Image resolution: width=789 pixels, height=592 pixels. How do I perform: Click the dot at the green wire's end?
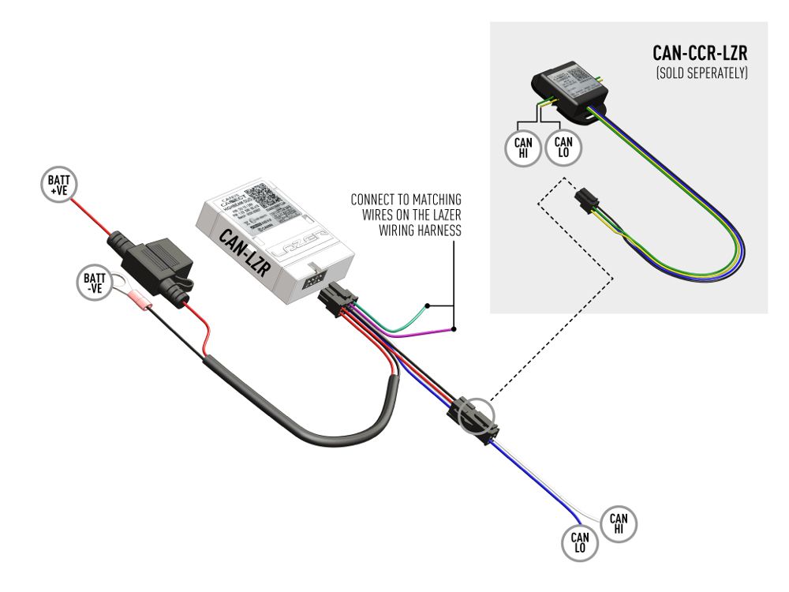point(427,305)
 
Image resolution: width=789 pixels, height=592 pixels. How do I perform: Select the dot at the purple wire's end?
point(454,328)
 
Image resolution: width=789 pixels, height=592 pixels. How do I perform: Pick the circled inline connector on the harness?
point(473,417)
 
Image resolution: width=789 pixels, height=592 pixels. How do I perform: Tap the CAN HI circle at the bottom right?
point(619,523)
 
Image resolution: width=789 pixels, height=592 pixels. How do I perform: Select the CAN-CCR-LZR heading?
point(700,54)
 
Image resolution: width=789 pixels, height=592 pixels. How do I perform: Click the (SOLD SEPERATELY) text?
point(701,73)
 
